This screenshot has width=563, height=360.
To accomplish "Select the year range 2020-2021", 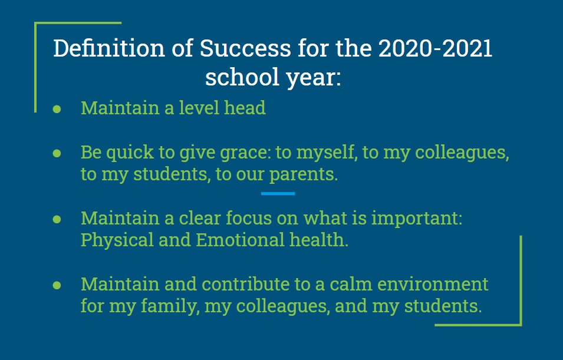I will point(435,49).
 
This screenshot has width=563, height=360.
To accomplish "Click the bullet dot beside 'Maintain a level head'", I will point(57,108).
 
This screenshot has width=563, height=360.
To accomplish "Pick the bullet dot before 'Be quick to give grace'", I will point(57,153).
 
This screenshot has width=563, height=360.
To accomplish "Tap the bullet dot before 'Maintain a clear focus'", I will point(57,219).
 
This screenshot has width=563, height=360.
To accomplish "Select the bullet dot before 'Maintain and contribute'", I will point(57,285).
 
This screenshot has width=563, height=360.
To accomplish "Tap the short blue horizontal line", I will point(278,193).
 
